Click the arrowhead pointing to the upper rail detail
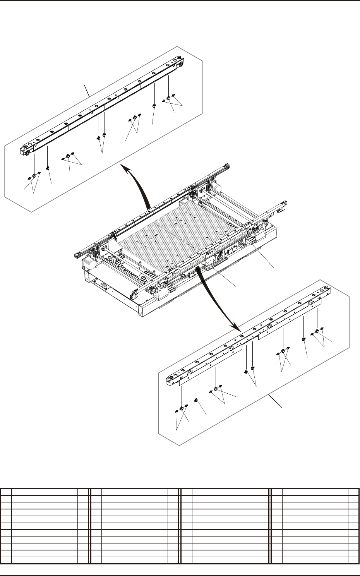[123, 166]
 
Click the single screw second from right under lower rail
[303, 339]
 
